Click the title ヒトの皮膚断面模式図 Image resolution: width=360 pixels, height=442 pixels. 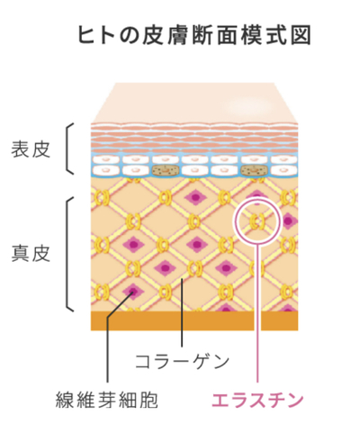click(194, 35)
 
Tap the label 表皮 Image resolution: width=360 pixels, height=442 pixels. click(31, 149)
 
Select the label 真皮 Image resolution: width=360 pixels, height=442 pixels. click(31, 254)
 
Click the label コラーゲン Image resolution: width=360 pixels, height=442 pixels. click(182, 361)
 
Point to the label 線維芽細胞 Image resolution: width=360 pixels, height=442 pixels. click(107, 400)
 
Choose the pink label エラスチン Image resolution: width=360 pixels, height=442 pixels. click(257, 400)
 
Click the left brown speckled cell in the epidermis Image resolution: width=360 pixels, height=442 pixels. click(166, 170)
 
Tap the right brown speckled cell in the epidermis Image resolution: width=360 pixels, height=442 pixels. click(255, 170)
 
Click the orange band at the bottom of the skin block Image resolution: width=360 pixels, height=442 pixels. click(194, 320)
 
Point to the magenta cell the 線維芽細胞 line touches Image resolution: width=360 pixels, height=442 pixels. click(132, 291)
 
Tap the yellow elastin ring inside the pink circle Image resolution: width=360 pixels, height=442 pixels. click(257, 221)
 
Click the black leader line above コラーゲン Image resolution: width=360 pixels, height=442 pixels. click(182, 312)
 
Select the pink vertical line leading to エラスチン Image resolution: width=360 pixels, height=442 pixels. click(257, 312)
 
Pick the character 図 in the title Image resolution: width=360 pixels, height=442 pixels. click(301, 35)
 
